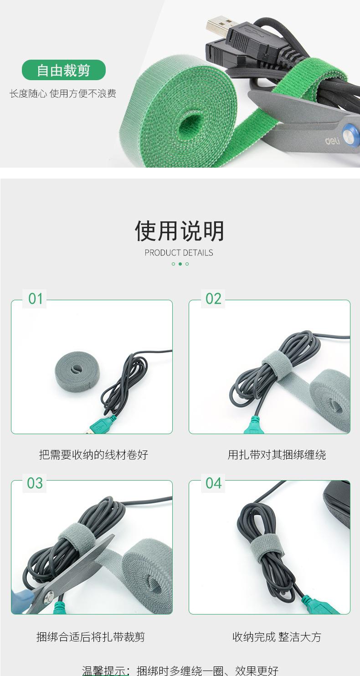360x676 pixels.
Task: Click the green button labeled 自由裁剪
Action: [64, 70]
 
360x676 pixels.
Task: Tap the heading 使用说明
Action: [180, 231]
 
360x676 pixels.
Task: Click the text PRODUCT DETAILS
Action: [179, 253]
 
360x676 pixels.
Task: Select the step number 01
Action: [36, 299]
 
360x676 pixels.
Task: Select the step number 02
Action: [213, 299]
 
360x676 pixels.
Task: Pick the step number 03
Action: [35, 483]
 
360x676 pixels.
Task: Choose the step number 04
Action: [213, 483]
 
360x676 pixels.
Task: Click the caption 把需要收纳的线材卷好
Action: [93, 455]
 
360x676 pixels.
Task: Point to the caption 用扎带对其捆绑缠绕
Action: [277, 455]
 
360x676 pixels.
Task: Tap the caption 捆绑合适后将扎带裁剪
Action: [91, 637]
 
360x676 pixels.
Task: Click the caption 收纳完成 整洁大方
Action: [277, 637]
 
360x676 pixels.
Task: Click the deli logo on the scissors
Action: [332, 141]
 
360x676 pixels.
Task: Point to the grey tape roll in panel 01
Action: [77, 370]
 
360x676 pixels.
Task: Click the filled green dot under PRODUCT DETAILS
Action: [180, 264]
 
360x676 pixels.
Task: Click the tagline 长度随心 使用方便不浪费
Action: [63, 94]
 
